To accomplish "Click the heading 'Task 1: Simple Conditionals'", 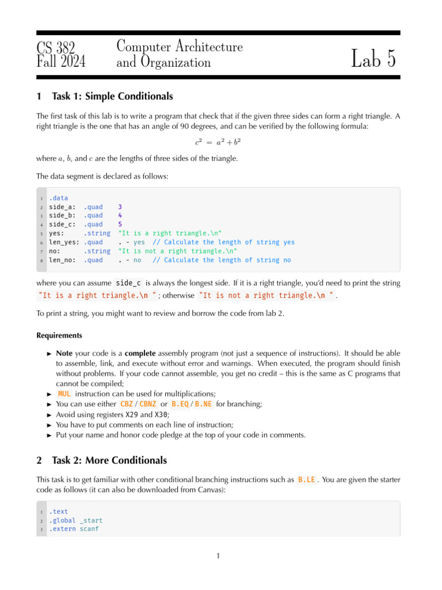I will click(112, 96).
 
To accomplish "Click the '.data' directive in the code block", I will click(58, 198).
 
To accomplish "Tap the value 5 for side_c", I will click(120, 224).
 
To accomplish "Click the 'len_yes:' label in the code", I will click(64, 242).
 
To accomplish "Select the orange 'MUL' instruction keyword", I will click(64, 394).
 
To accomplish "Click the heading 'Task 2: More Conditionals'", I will click(109, 460).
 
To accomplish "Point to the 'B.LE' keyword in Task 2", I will click(306, 479).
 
